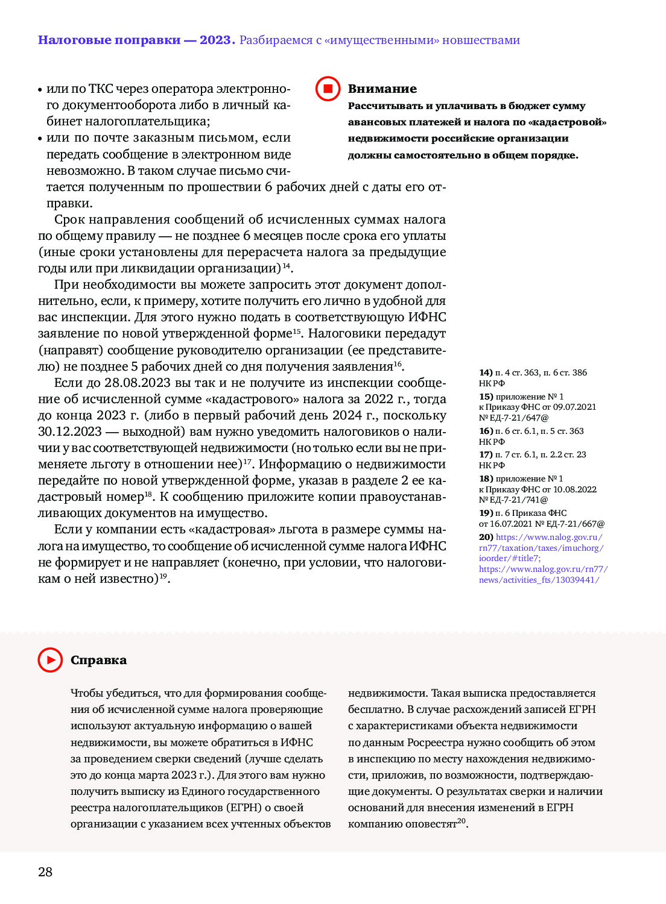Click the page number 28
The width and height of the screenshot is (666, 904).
45,872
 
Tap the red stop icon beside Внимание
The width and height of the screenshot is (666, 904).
328,89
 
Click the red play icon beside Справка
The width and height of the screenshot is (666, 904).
50,660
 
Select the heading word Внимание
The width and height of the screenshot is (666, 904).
382,89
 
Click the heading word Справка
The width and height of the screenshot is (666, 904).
98,660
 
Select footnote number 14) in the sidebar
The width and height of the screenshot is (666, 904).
486,372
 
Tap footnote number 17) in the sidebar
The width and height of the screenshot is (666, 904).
486,454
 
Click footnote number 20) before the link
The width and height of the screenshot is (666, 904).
486,537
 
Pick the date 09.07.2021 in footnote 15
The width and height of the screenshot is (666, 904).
574,407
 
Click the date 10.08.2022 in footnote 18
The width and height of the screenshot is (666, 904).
574,489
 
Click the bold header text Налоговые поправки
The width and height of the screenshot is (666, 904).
109,40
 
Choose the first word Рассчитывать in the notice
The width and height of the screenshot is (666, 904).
385,106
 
